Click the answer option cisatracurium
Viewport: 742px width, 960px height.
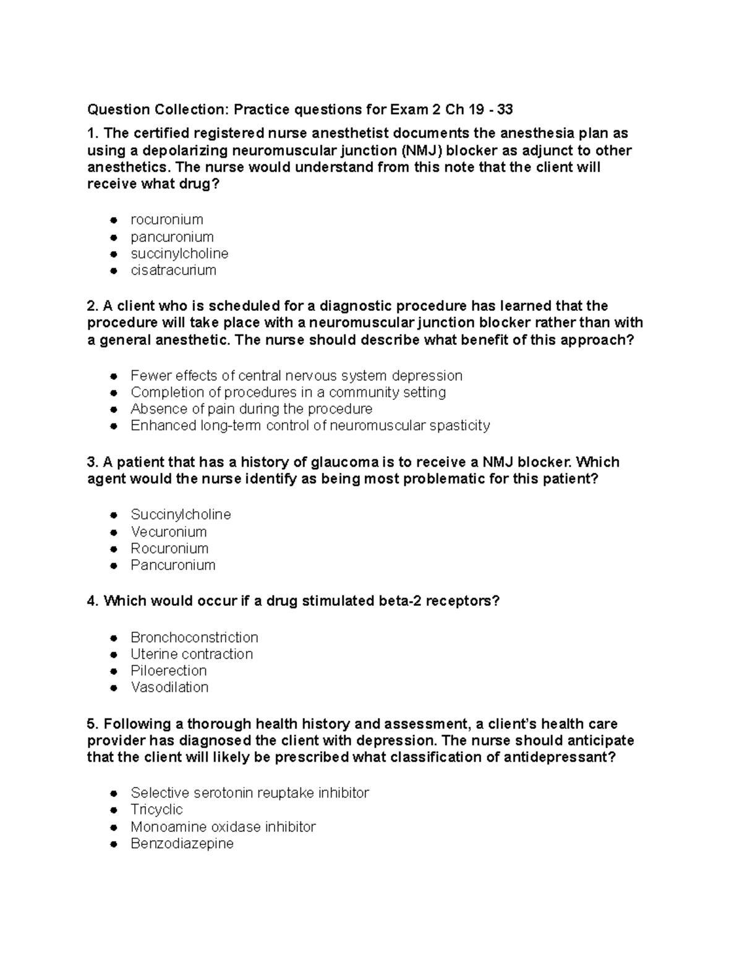point(173,270)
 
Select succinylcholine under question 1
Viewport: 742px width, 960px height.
point(179,253)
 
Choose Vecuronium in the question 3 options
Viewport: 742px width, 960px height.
point(168,532)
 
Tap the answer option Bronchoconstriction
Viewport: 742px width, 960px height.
point(194,637)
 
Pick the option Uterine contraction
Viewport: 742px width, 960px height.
point(192,654)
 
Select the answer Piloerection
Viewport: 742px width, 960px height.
point(168,671)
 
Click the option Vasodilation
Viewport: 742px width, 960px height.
point(169,687)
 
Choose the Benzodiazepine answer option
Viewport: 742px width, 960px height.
point(182,843)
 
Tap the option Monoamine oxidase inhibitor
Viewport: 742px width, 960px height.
point(223,826)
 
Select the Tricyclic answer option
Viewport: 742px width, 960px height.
point(156,810)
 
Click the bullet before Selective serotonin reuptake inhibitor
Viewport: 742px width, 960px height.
point(113,793)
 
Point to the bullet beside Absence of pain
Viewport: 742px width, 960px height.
point(113,409)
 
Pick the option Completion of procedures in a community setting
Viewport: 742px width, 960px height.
point(288,393)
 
